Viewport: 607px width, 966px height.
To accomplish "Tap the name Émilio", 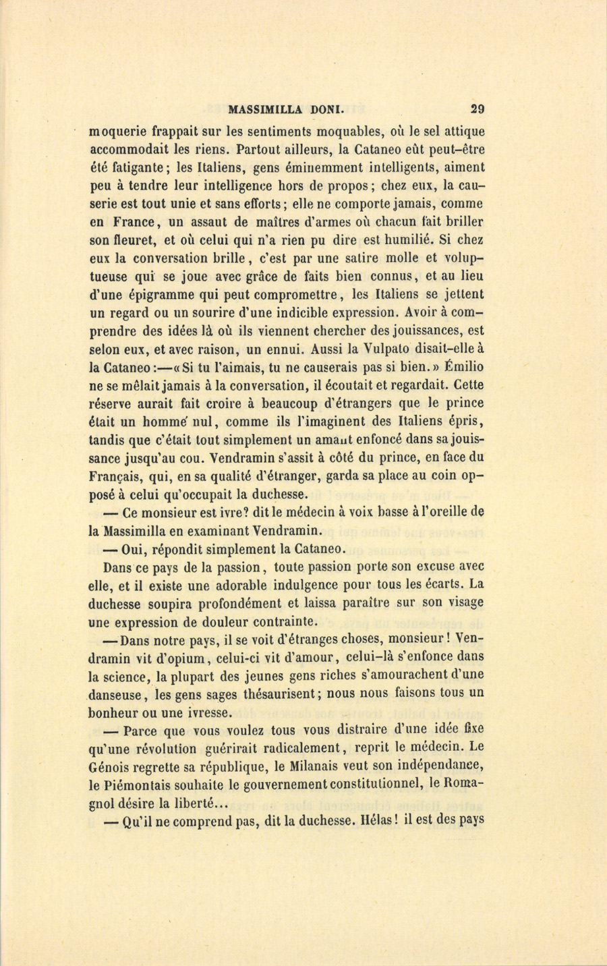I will (x=462, y=368).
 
